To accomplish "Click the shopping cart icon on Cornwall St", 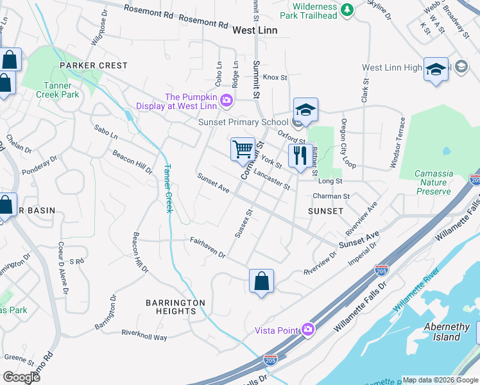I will pos(243,150).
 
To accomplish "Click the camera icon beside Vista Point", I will pos(308,329).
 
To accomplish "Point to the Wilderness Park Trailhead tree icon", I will pos(347,9).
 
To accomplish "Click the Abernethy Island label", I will pos(442,331).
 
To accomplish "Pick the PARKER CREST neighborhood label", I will pos(94,65).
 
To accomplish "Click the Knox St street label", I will pos(274,77).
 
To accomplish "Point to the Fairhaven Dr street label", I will pos(207,247).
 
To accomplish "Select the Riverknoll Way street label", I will pos(144,335).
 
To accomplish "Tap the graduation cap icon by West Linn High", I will pos(436,69).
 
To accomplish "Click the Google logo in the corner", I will pos(21,377).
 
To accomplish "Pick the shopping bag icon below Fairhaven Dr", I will pos(261,280).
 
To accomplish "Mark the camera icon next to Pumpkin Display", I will pos(226,100).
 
